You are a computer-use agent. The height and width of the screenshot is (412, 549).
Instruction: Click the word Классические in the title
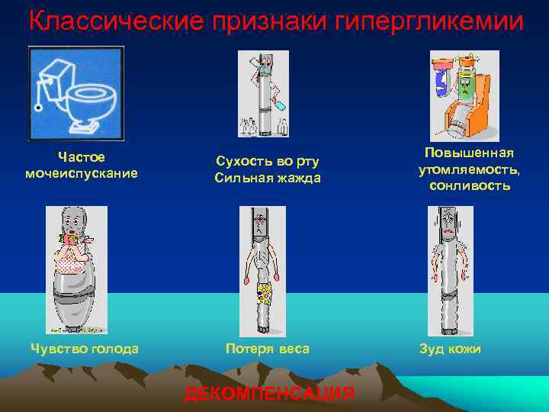106,21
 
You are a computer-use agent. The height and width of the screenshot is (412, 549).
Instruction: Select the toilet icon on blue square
75,93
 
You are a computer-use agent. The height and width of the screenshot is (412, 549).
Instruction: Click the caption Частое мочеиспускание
82,165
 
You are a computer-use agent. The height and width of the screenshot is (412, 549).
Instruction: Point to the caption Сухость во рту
267,161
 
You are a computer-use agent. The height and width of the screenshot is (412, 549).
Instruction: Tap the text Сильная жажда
267,179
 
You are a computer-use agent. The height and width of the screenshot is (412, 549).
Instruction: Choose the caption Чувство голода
84,349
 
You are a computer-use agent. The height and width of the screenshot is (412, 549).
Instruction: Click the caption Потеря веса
267,349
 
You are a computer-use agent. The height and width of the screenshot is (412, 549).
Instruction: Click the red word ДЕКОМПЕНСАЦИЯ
269,394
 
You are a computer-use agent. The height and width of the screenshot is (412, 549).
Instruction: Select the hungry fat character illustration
76,270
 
